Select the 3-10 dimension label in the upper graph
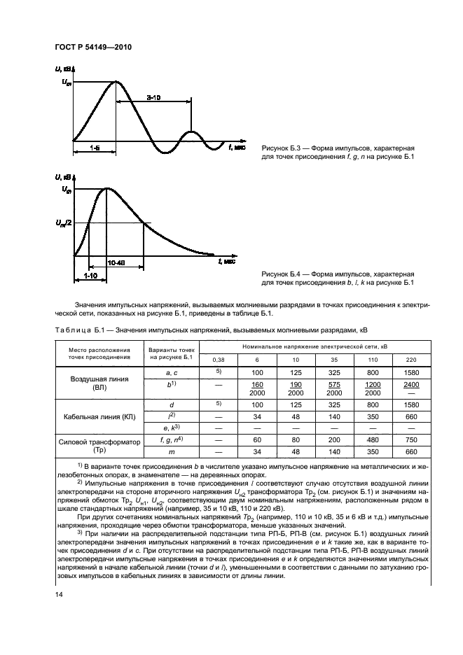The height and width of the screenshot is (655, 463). point(153,99)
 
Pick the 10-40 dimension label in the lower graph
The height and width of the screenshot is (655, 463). point(116,262)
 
